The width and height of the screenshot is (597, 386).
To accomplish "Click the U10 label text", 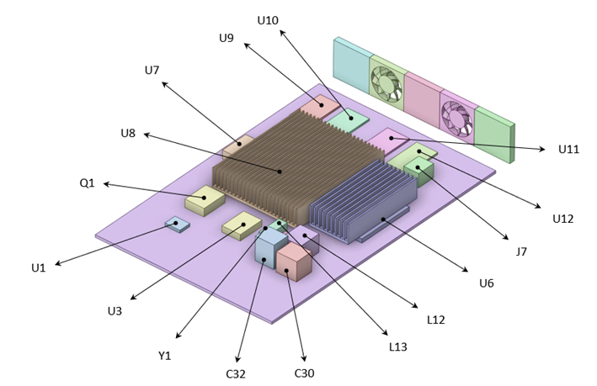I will pyautogui.click(x=267, y=19).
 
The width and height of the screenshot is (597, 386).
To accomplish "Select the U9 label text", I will pyautogui.click(x=227, y=38).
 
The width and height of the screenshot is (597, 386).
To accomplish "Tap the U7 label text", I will pyautogui.click(x=152, y=70).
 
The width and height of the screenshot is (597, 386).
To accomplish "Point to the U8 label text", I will pyautogui.click(x=128, y=133).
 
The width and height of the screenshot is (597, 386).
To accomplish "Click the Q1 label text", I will pyautogui.click(x=88, y=182).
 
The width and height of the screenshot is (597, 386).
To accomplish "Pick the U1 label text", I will pyautogui.click(x=38, y=267).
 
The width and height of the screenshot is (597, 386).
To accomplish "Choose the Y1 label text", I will pyautogui.click(x=165, y=355).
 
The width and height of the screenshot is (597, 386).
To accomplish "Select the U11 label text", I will pyautogui.click(x=568, y=150).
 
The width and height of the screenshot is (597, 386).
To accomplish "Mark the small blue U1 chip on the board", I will pyautogui.click(x=176, y=224).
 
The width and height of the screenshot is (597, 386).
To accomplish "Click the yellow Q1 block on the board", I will pyautogui.click(x=205, y=201).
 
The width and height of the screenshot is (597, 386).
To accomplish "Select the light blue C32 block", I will pyautogui.click(x=270, y=249).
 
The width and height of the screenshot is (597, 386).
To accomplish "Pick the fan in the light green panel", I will pyautogui.click(x=386, y=82).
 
